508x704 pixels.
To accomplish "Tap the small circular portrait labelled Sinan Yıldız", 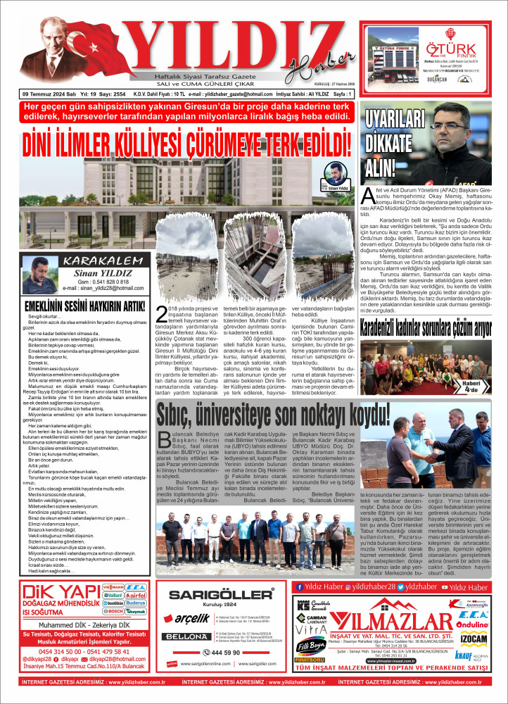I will [336, 175].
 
